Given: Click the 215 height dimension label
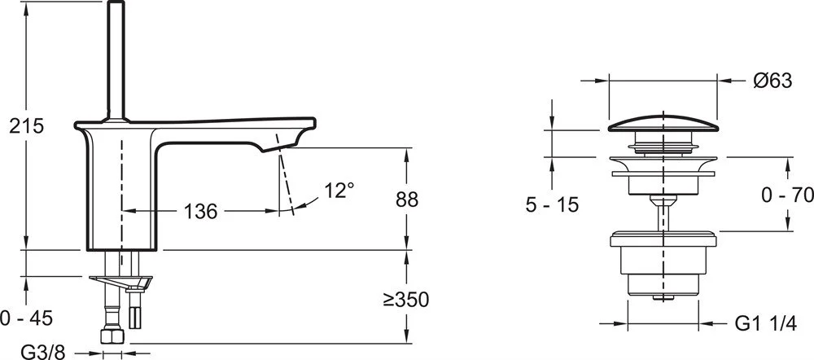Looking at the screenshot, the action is (x=27, y=126).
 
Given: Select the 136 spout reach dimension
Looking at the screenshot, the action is (x=201, y=212).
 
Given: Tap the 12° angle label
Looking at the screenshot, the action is (x=339, y=191).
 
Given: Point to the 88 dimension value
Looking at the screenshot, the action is (x=406, y=200).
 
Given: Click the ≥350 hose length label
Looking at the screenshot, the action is (x=406, y=299).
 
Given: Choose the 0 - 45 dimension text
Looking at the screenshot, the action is (x=27, y=318).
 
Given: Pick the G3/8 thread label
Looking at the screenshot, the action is (x=43, y=352).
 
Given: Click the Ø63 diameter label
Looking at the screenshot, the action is (x=772, y=81).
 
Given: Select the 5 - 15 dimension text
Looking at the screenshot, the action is (x=552, y=204).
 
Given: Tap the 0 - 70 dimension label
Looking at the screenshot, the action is (x=787, y=195).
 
